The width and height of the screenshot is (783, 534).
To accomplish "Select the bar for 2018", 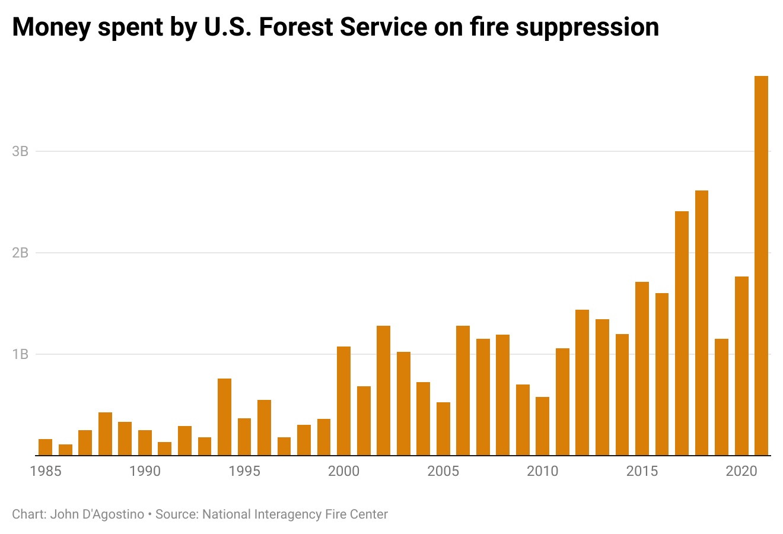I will click(x=701, y=323).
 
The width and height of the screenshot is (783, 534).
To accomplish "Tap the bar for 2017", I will click(x=682, y=333).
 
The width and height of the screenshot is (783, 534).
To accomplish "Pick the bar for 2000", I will click(x=343, y=401).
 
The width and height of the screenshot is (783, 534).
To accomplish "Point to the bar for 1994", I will click(x=224, y=417).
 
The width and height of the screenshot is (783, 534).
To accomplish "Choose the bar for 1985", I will click(x=45, y=447).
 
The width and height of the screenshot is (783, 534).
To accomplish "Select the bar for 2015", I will click(x=642, y=368).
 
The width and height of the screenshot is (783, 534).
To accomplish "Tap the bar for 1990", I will click(x=145, y=443).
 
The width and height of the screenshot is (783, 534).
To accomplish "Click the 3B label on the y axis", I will click(x=20, y=151).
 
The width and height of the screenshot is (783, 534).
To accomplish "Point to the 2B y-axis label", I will click(x=20, y=253).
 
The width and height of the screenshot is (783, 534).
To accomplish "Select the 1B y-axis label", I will click(x=20, y=354).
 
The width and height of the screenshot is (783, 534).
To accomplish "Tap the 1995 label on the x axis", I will click(x=244, y=471).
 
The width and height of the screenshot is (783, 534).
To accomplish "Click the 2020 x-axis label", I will click(x=741, y=471).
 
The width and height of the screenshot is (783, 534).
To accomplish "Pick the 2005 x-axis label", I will click(x=443, y=471).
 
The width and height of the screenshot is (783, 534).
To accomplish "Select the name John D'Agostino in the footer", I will click(x=97, y=514).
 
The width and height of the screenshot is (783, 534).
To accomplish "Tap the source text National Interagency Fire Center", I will click(x=295, y=514).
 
